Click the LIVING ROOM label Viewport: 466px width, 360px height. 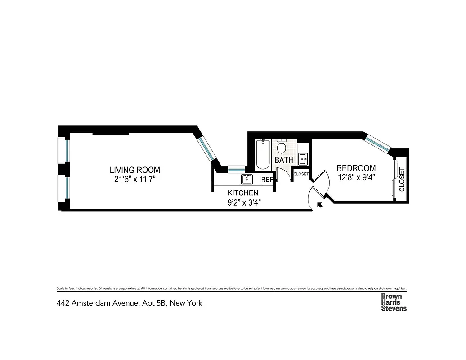(135, 170)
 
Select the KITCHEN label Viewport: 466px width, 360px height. (243, 193)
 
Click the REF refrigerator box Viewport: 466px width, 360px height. (267, 180)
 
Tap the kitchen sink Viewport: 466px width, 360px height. (247, 179)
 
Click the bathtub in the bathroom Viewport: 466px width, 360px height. (263, 155)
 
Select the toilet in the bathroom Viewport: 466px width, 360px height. (282, 147)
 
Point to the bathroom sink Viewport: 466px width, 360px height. (304, 158)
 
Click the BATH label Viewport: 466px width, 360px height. (284, 160)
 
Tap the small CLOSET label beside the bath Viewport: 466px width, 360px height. (301, 174)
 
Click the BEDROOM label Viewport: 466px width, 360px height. (356, 168)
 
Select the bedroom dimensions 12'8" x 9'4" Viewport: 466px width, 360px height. (356, 177)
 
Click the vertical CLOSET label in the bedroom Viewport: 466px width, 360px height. (402, 180)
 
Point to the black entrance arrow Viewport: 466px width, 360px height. (320, 205)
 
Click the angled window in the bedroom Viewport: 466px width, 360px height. (377, 142)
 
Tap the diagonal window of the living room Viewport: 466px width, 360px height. (207, 149)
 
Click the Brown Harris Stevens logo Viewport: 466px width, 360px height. (394, 302)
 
